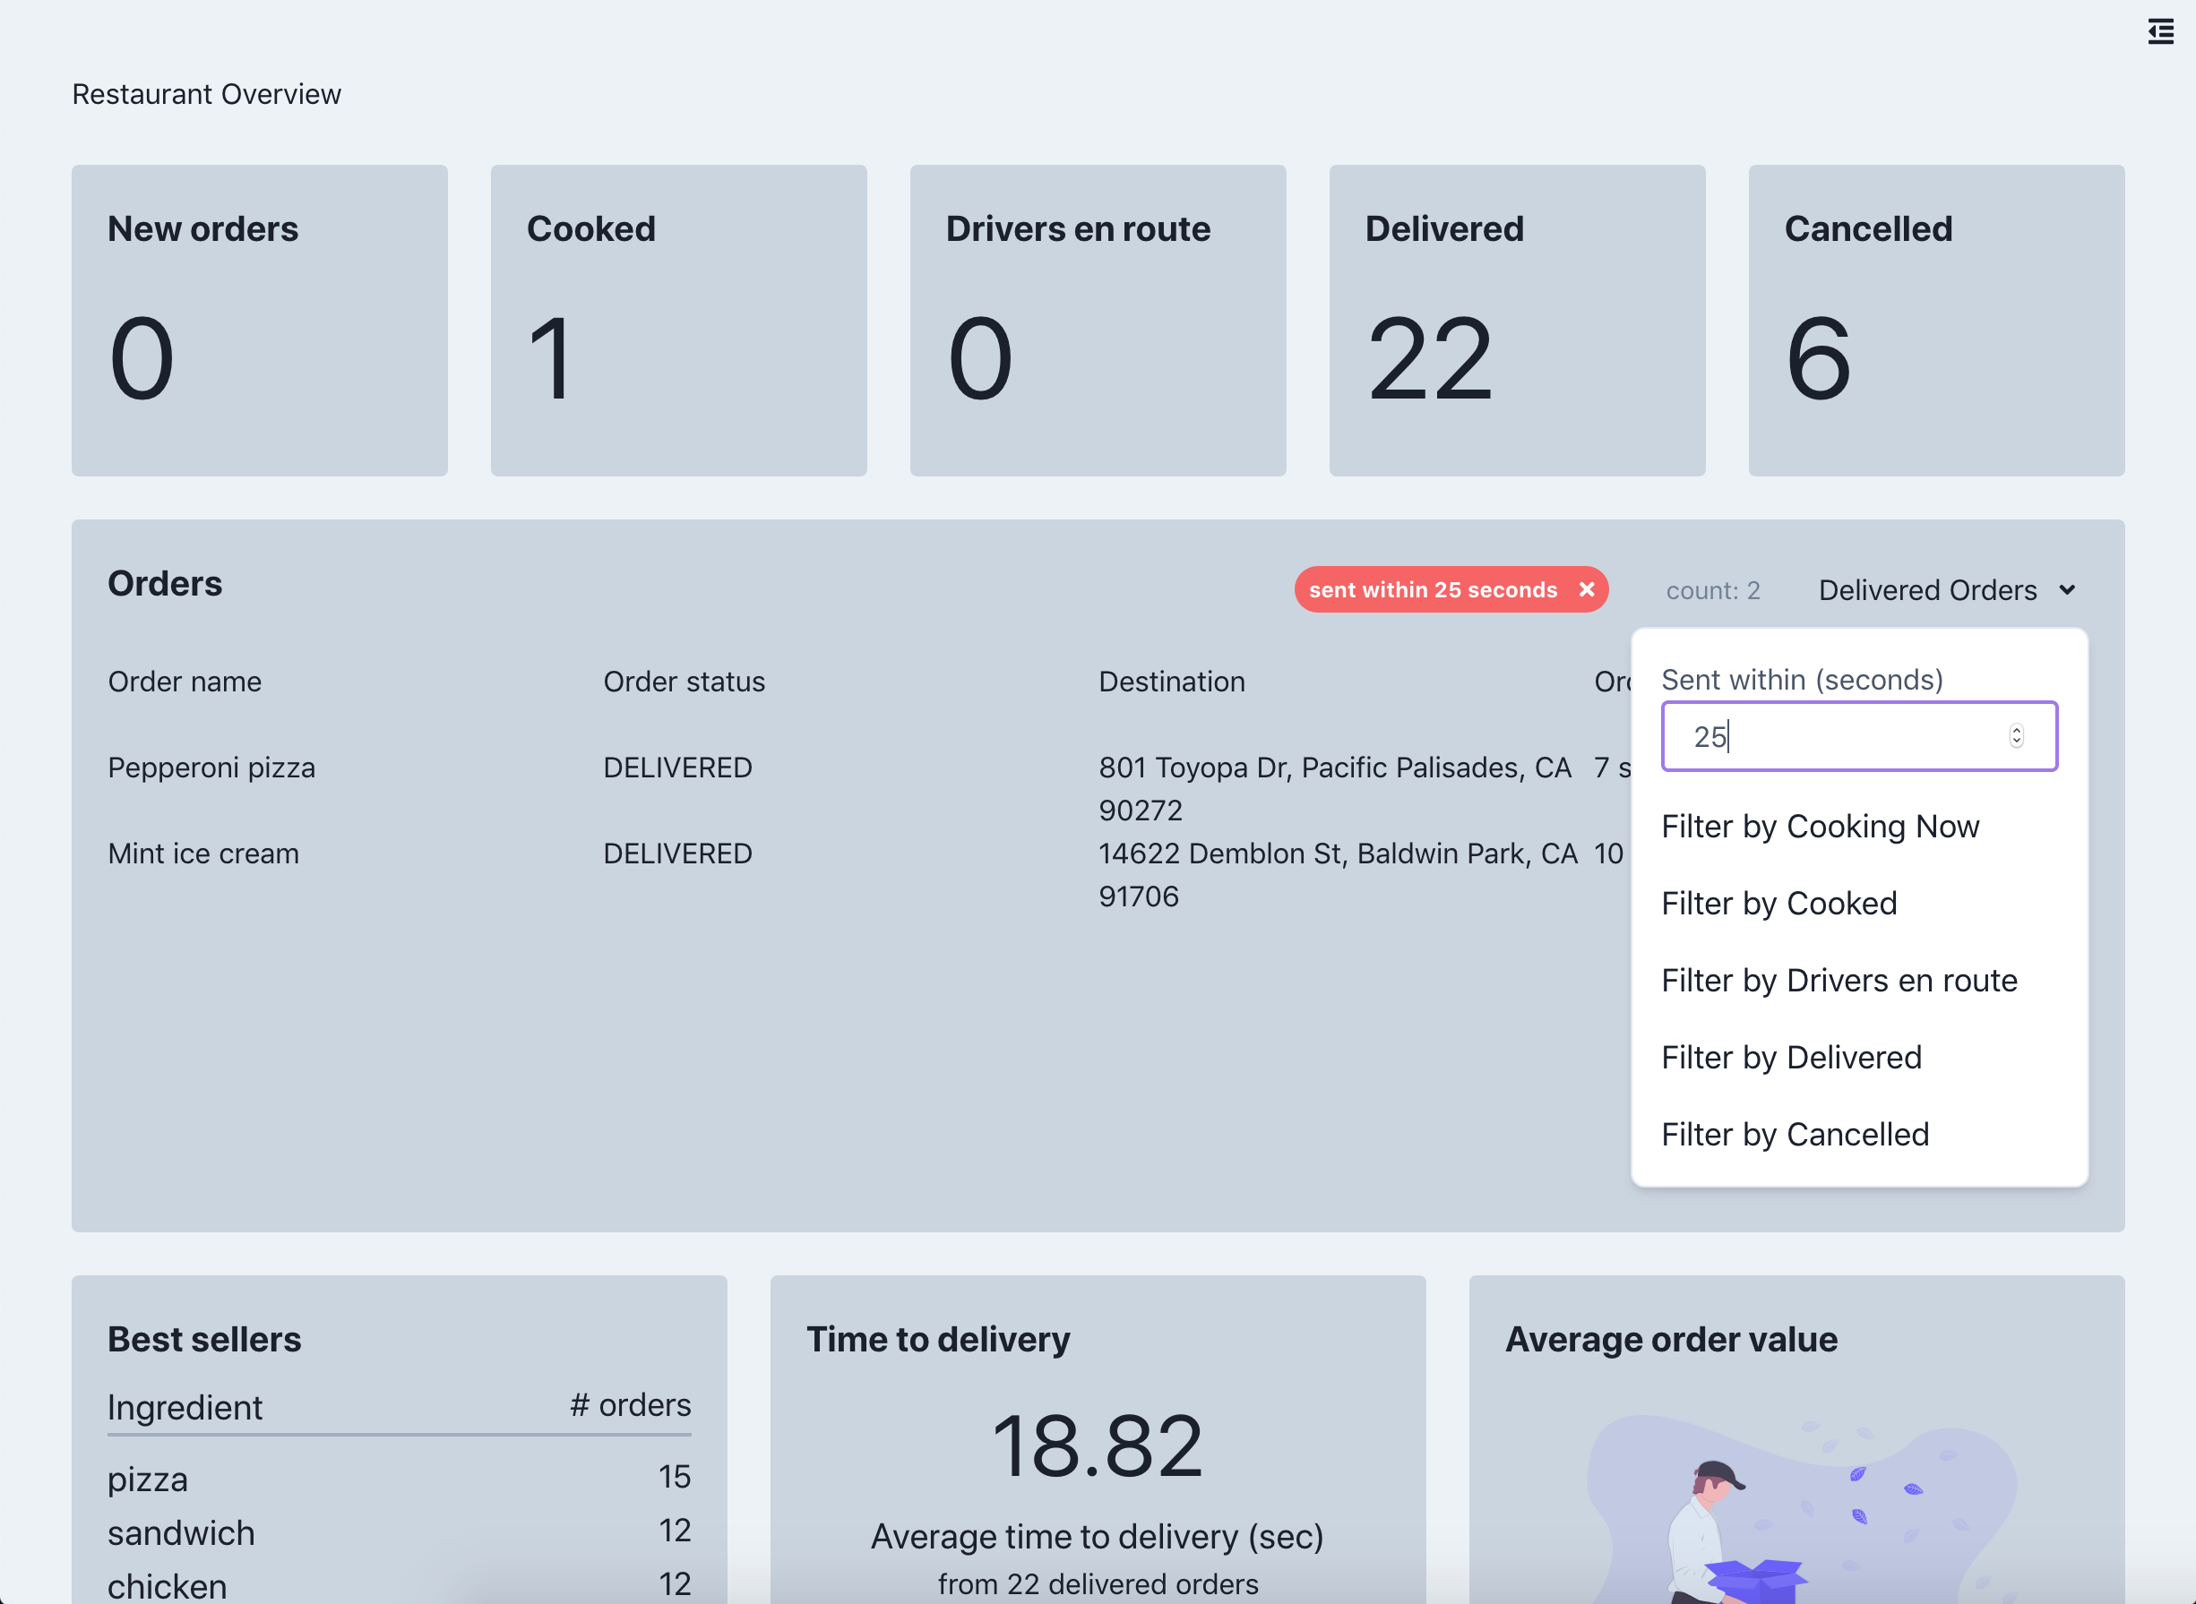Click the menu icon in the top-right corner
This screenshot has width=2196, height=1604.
[x=2160, y=31]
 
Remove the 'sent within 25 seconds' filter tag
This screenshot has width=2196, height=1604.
[x=1586, y=589]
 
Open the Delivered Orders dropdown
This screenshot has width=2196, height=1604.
[x=1946, y=590]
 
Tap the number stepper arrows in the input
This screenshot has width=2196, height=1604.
[x=2016, y=736]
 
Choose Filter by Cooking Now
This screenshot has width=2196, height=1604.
[x=1820, y=827]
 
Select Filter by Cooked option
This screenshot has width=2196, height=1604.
[x=1778, y=903]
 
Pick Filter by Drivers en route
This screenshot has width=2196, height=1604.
[x=1839, y=980]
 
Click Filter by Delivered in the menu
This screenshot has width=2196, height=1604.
[x=1791, y=1057]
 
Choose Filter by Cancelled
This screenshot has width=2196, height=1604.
[x=1795, y=1134]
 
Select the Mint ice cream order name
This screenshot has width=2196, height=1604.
[x=203, y=853]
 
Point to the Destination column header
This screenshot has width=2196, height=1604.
[x=1171, y=682]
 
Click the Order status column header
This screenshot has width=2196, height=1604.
[x=684, y=682]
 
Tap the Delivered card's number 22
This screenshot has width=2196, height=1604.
[x=1429, y=359]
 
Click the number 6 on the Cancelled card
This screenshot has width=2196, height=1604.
[x=1818, y=359]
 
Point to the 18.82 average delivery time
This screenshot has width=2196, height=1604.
[x=1098, y=1445]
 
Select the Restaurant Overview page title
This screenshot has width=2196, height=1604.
[x=207, y=94]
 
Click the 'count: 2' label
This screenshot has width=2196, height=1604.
[x=1712, y=590]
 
